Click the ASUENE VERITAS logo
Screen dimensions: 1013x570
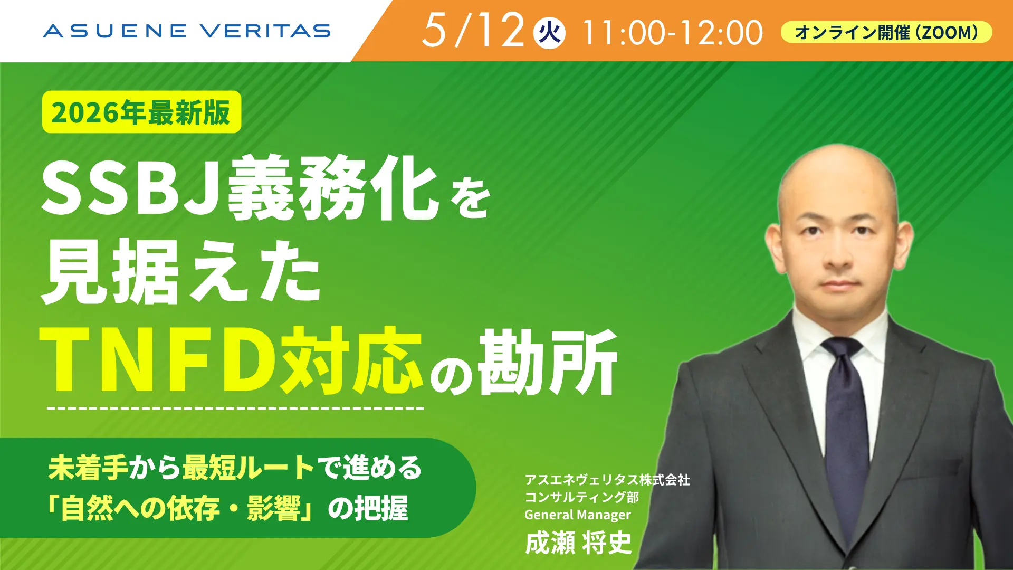[x=187, y=31]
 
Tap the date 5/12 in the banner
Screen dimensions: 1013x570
[x=473, y=30]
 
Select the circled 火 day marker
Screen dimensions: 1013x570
[x=549, y=33]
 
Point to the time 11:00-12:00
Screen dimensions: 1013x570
[x=673, y=33]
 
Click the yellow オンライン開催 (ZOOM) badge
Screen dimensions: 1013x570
[x=886, y=32]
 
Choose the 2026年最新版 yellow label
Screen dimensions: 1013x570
[x=141, y=112]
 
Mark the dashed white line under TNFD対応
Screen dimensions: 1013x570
[x=235, y=408]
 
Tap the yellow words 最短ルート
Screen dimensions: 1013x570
[x=248, y=468]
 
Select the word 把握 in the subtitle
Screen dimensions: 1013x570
[x=381, y=508]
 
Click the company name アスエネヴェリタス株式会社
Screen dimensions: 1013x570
[x=607, y=480]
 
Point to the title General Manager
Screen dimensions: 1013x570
[x=578, y=515]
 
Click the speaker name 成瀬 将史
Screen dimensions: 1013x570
[x=578, y=543]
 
